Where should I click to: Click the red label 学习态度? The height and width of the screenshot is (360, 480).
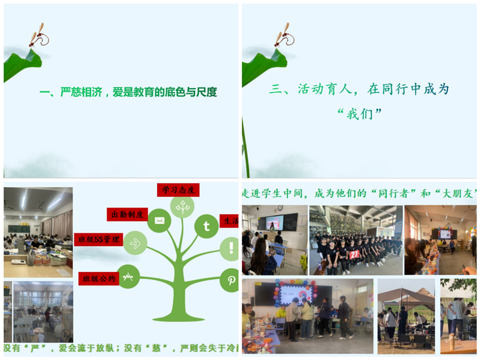[x=178, y=190]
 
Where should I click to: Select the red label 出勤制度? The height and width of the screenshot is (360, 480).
[x=127, y=214]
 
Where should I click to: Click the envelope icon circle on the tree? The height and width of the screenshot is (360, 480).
[x=159, y=220]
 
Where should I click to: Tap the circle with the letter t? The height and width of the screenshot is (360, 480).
[x=206, y=226]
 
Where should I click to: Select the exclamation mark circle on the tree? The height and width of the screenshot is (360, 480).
[x=230, y=248]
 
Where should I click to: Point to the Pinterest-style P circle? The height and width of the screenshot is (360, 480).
[x=230, y=280]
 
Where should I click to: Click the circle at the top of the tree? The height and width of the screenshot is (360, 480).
[x=182, y=206]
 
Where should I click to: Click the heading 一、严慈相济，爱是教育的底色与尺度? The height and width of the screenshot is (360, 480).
[x=127, y=92]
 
